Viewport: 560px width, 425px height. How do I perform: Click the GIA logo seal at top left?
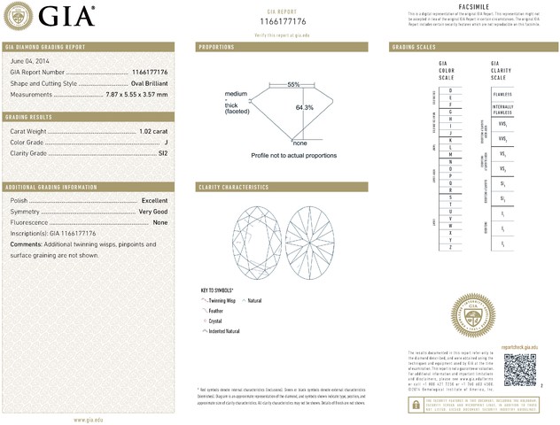[21, 16]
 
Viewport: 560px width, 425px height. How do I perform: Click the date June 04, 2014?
[28, 59]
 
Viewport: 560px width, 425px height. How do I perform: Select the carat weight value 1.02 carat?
[153, 131]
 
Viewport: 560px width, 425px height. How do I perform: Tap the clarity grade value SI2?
[162, 153]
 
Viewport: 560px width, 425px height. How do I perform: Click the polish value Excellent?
[154, 201]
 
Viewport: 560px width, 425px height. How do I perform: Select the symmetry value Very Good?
[153, 212]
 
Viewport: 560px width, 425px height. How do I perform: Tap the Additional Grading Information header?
[51, 187]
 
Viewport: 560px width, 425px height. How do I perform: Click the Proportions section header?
[216, 46]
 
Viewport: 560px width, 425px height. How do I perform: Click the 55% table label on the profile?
[293, 84]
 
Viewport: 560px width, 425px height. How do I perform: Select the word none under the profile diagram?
[299, 143]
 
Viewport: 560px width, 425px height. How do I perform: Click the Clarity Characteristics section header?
[233, 187]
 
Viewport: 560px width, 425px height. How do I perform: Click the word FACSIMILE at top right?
[476, 6]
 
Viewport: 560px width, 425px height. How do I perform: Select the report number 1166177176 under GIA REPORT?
[283, 20]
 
